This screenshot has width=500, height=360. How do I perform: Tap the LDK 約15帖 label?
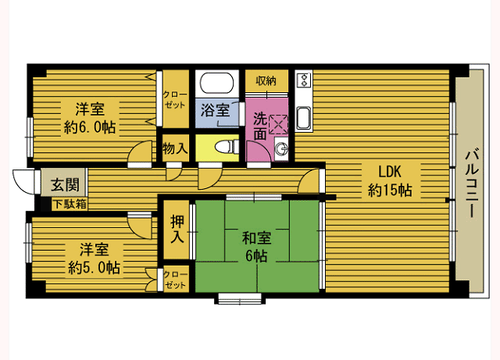389,180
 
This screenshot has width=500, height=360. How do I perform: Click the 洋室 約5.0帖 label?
93,259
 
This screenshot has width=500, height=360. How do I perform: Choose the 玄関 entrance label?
64,185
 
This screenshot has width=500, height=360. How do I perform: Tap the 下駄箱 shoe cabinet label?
70,204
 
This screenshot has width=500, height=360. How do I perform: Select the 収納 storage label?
266,80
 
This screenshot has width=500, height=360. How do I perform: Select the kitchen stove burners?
304,80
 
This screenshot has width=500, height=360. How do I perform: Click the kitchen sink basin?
303,118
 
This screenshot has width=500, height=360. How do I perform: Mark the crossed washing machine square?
279,123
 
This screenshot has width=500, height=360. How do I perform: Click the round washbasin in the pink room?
280,149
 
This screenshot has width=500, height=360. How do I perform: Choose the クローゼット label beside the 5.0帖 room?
176,280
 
